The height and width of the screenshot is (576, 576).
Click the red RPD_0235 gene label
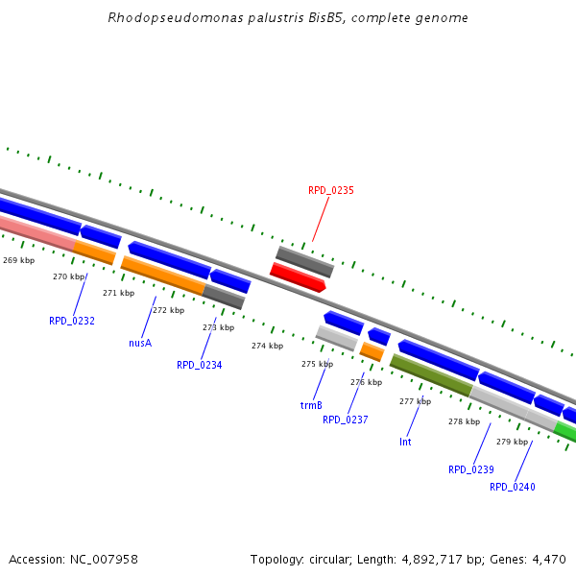pyautogui.click(x=330, y=190)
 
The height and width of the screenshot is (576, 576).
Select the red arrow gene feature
pyautogui.click(x=298, y=277)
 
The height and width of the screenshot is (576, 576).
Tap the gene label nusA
pyautogui.click(x=140, y=343)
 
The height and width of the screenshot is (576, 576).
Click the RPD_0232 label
pyautogui.click(x=72, y=321)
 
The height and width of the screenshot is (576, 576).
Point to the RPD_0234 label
pyautogui.click(x=199, y=365)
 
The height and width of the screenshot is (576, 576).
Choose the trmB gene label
pyautogui.click(x=311, y=405)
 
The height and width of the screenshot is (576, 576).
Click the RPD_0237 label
pyautogui.click(x=345, y=420)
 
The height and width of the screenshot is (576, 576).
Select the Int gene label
pyautogui.click(x=405, y=442)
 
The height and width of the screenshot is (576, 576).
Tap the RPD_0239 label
pyautogui.click(x=470, y=469)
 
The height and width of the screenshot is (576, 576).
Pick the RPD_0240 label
pyautogui.click(x=512, y=487)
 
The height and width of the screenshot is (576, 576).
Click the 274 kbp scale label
pyautogui.click(x=267, y=346)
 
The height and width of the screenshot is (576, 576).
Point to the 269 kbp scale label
pyautogui.click(x=18, y=260)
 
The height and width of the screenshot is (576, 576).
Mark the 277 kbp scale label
pyautogui.click(x=415, y=401)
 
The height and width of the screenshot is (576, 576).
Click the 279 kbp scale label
pyautogui.click(x=512, y=442)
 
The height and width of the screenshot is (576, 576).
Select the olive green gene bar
pyautogui.click(x=430, y=374)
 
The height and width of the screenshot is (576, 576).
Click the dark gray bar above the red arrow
pyautogui.click(x=304, y=261)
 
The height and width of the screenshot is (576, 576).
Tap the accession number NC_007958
pyautogui.click(x=103, y=559)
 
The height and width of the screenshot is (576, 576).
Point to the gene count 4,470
pyautogui.click(x=547, y=559)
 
